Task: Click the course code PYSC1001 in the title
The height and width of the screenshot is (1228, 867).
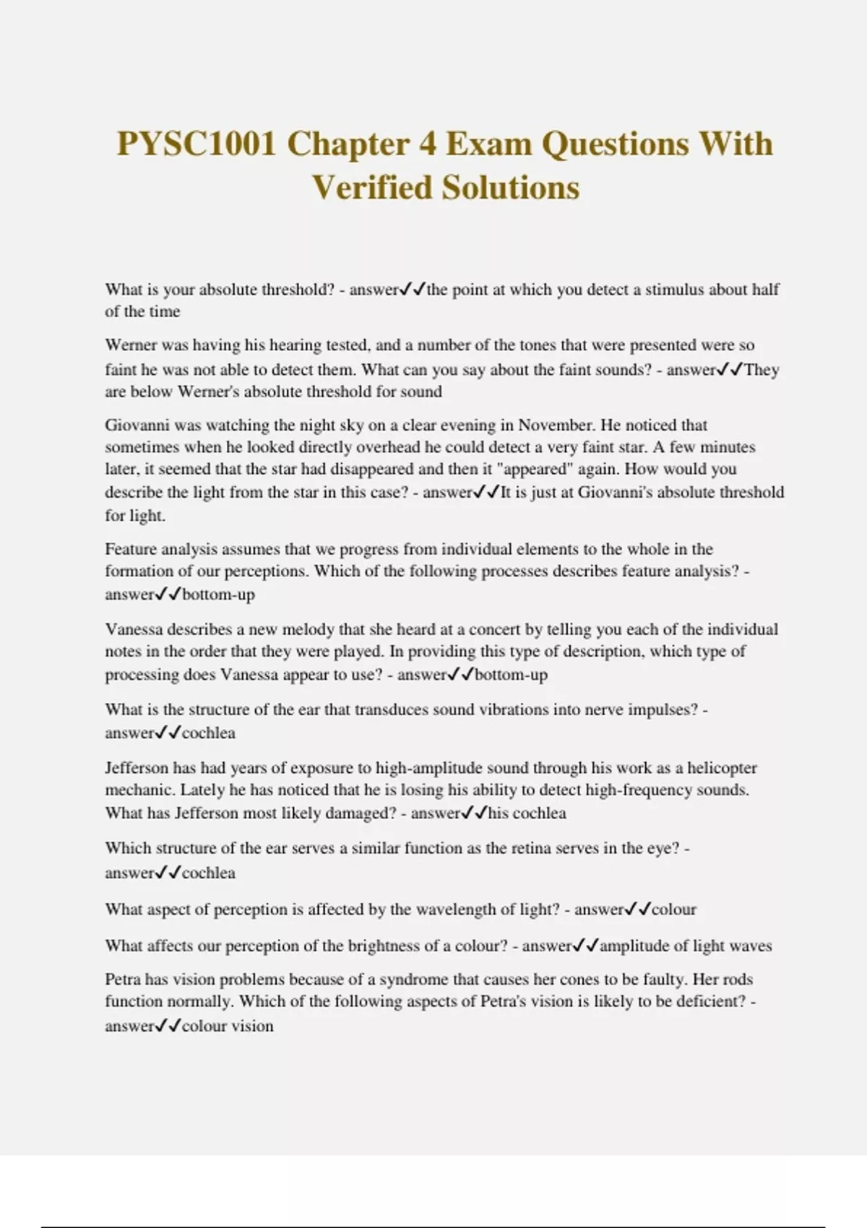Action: [197, 144]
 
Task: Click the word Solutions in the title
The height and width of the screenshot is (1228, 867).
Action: [511, 188]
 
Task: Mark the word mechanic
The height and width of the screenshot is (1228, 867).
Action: [138, 790]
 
